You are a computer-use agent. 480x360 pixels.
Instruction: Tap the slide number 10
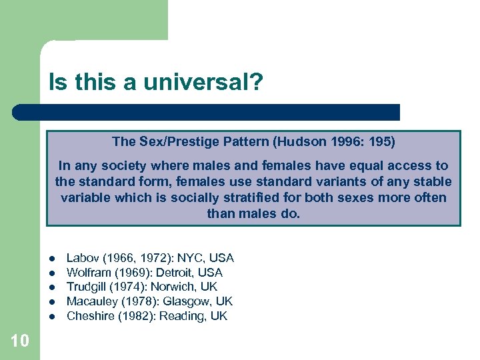pyautogui.click(x=20, y=341)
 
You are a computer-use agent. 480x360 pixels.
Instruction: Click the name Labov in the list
pyautogui.click(x=83, y=258)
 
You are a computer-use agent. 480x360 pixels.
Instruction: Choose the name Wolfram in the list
pyautogui.click(x=88, y=273)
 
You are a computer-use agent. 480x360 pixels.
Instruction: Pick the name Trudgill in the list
pyautogui.click(x=88, y=287)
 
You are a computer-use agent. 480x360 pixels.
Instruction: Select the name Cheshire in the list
pyautogui.click(x=91, y=316)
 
